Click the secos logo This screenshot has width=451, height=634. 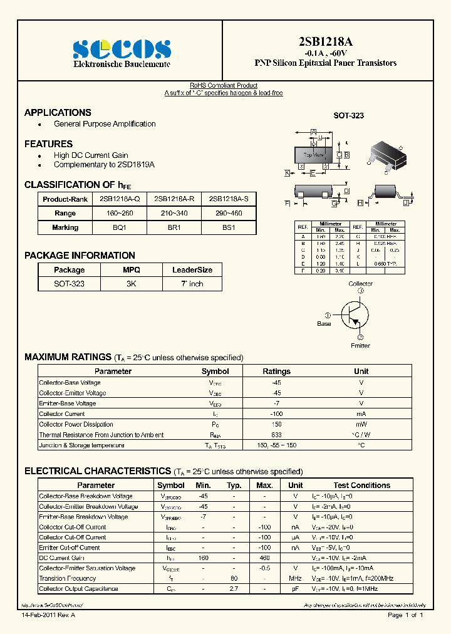tap(122, 48)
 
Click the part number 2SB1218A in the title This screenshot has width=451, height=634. tap(325, 42)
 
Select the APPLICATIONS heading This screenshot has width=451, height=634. tap(58, 113)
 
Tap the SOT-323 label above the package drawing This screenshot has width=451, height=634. tap(348, 116)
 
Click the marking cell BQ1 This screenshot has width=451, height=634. tap(119, 228)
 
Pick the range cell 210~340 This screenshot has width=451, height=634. tap(174, 214)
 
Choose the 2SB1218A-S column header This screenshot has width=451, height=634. tap(229, 199)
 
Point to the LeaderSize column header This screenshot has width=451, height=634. tap(192, 270)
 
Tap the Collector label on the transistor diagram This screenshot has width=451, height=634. tap(360, 284)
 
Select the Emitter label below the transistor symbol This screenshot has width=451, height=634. tap(360, 345)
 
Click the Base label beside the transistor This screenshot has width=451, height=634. tap(324, 324)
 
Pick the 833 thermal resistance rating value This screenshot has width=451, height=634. tap(276, 435)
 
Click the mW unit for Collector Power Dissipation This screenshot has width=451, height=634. tap(361, 424)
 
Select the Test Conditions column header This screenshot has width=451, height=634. tap(361, 486)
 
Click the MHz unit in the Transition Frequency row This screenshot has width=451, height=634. tap(296, 578)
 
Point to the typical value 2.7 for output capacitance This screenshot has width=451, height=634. tap(234, 589)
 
